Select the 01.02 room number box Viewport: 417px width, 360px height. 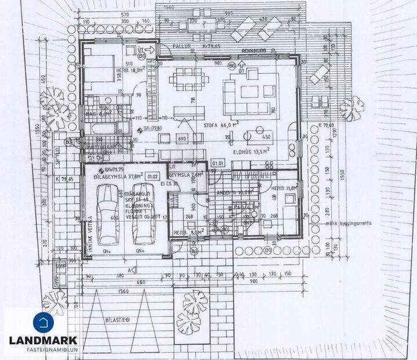(153, 177)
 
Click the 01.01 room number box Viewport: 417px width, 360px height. (218, 164)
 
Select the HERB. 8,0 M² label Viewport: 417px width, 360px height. (187, 232)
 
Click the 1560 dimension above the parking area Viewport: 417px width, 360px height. (122, 292)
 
